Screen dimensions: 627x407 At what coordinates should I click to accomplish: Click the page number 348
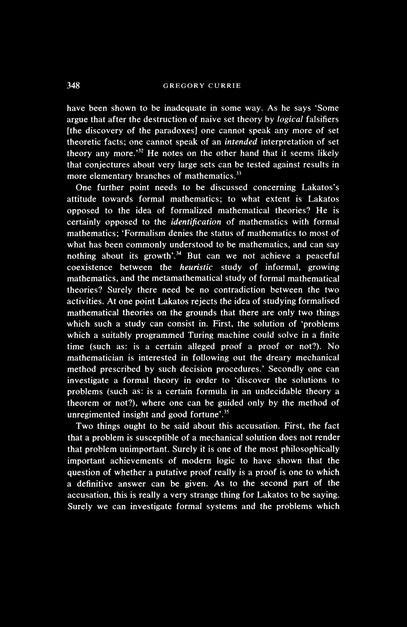(x=73, y=86)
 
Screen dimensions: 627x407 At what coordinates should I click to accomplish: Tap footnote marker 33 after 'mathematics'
(x=238, y=174)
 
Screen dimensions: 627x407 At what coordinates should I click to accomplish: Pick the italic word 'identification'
(x=196, y=222)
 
